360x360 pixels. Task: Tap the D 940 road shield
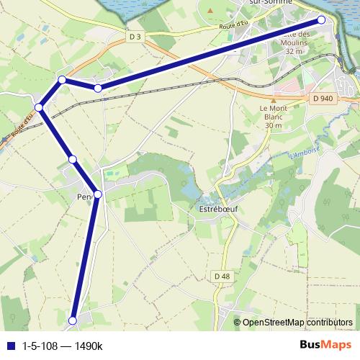pos(323,98)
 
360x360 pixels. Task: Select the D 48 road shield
pos(221,276)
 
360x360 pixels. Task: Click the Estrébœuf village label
pos(218,208)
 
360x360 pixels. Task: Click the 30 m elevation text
pos(273,125)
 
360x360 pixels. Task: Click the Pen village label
pos(84,195)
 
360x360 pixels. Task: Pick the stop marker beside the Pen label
pos(98,194)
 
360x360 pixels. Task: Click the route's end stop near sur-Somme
pos(321,20)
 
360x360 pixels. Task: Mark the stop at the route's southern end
pos(73,320)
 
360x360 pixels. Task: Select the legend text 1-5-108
pos(40,346)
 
